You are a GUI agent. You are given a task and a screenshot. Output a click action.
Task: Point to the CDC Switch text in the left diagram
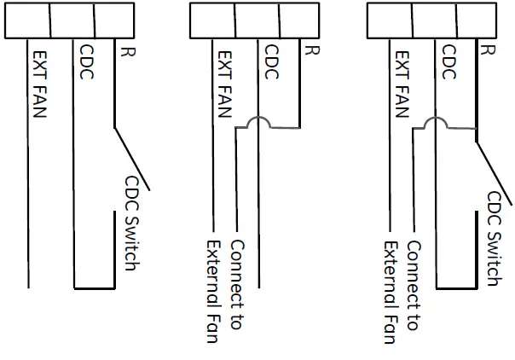(132, 224)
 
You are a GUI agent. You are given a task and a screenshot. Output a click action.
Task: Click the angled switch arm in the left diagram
(131, 158)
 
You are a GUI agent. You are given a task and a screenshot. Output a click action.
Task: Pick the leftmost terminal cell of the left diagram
(27, 21)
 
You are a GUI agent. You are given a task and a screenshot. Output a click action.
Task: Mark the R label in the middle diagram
(312, 50)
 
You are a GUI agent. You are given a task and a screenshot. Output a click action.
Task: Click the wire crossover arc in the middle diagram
(257, 125)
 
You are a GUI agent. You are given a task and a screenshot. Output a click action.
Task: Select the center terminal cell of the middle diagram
(257, 21)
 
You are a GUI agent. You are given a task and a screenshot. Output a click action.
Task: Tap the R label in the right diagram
(488, 50)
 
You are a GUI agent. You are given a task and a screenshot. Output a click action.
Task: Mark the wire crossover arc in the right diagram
(435, 125)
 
